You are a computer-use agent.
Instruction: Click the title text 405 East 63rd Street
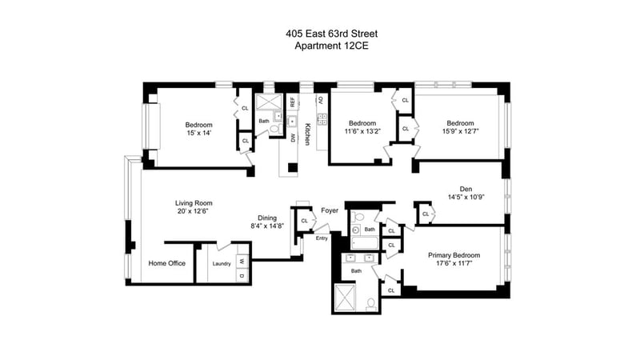(x=331, y=34)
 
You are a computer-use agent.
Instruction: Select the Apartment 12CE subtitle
(x=331, y=46)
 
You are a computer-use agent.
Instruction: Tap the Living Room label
(x=194, y=203)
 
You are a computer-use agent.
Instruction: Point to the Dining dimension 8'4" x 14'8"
(x=267, y=226)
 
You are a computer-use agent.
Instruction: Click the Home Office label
(x=167, y=263)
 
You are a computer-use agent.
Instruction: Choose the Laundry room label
(x=222, y=264)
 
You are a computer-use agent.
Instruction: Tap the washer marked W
(x=242, y=262)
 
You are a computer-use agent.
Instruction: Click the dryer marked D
(x=242, y=275)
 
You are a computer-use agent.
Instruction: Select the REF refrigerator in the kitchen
(x=292, y=102)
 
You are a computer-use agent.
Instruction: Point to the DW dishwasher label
(x=292, y=138)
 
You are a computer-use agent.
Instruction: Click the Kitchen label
(x=307, y=134)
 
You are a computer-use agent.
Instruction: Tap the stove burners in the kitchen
(x=322, y=118)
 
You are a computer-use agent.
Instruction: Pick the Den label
(x=466, y=189)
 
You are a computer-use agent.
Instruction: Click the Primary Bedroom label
(x=454, y=255)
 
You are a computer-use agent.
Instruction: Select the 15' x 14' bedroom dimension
(x=198, y=133)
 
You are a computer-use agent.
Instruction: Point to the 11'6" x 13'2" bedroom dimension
(x=362, y=131)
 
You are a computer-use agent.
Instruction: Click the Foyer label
(x=330, y=210)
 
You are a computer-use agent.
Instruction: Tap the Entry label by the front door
(x=322, y=238)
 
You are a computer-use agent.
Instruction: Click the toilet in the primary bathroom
(x=371, y=304)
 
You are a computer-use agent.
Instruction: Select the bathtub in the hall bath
(x=365, y=243)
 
